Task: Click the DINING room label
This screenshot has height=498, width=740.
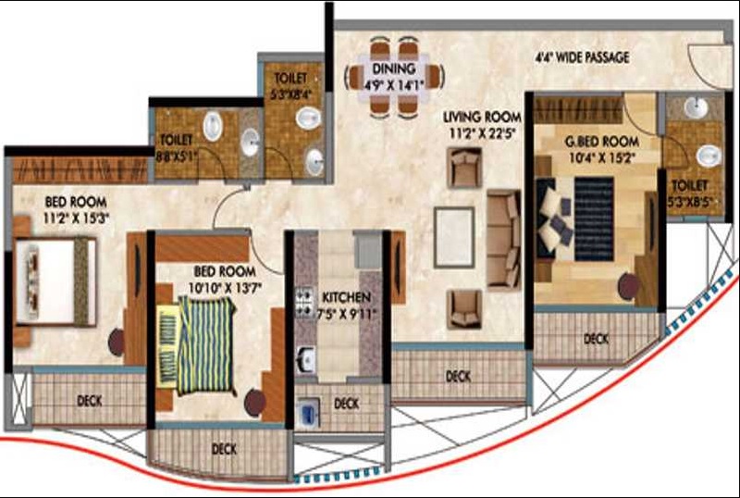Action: click(394, 69)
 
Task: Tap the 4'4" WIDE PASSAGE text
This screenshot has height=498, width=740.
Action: click(582, 57)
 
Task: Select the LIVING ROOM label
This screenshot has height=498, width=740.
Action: click(482, 118)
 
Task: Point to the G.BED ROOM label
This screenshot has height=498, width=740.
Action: click(602, 142)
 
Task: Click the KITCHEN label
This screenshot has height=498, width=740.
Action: click(346, 298)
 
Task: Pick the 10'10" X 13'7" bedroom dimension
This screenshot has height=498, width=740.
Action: click(225, 287)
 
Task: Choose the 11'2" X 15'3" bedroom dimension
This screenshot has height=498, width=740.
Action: click(76, 218)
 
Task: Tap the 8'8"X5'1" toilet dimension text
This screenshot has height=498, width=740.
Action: click(177, 156)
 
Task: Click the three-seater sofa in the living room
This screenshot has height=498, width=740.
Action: click(504, 239)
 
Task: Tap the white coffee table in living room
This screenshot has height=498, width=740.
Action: click(454, 237)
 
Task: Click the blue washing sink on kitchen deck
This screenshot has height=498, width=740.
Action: click(309, 413)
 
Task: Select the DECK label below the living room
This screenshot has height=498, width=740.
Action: click(458, 377)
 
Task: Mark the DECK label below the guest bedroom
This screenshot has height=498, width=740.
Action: click(596, 339)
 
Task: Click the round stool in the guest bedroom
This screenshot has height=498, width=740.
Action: click(629, 286)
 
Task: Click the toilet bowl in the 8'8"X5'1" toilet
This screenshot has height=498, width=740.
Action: click(213, 126)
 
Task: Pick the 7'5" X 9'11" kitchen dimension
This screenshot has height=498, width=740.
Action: click(347, 314)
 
